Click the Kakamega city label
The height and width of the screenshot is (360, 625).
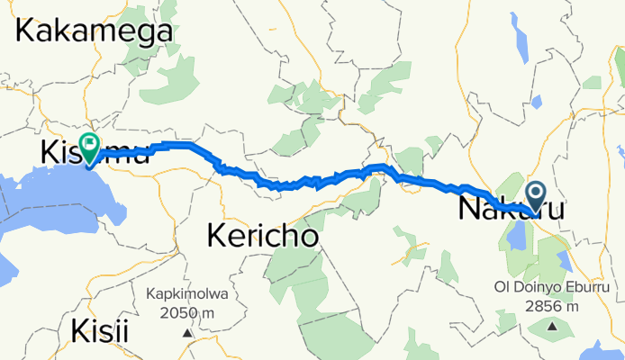pyautogui.click(x=94, y=31)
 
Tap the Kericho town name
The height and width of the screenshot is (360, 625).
pyautogui.click(x=263, y=237)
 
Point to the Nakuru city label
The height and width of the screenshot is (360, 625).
pyautogui.click(x=512, y=211)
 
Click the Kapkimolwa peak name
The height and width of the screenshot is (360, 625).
pyautogui.click(x=188, y=293)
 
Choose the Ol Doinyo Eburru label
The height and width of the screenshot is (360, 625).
pyautogui.click(x=552, y=288)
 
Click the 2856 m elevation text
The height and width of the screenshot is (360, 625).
pyautogui.click(x=552, y=306)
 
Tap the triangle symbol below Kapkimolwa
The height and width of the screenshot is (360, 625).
pyautogui.click(x=188, y=332)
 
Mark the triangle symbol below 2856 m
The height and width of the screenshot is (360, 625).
pyautogui.click(x=552, y=326)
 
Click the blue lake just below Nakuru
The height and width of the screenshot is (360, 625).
pyautogui.click(x=517, y=235)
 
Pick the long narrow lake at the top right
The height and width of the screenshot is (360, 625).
pyautogui.click(x=521, y=35)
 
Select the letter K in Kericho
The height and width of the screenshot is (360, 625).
pyautogui.click(x=219, y=237)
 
